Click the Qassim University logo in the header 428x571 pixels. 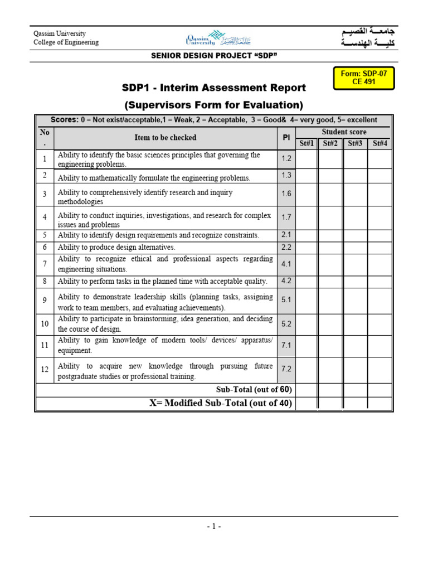tap(213, 39)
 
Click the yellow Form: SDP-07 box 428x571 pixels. tap(364, 78)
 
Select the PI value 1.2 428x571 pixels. tap(286, 159)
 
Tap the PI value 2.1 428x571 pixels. tap(286, 235)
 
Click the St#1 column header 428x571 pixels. tap(307, 144)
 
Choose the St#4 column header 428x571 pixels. tap(380, 144)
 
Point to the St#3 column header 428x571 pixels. tap(355, 144)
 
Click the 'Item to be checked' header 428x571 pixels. tap(165, 138)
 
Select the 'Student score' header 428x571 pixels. tap(343, 132)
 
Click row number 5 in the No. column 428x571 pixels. tap(45, 235)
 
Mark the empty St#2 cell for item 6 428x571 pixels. tap(330, 247)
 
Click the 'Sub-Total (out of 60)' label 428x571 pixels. tap(254, 389)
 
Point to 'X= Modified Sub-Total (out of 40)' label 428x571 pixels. tap(221, 403)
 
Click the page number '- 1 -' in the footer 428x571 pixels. tap(213, 526)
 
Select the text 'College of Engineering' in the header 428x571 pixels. tap(66, 42)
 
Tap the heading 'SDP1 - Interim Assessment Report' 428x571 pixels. tap(214, 88)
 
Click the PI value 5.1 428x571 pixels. tap(286, 300)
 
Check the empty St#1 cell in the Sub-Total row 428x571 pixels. tap(307, 389)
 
